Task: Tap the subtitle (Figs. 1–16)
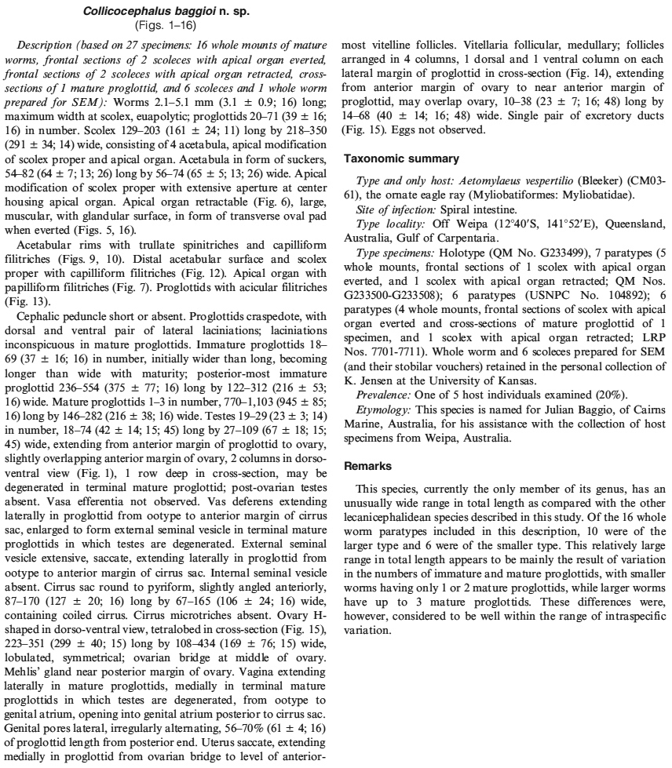point(168,24)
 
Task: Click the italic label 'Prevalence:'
point(383,394)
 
